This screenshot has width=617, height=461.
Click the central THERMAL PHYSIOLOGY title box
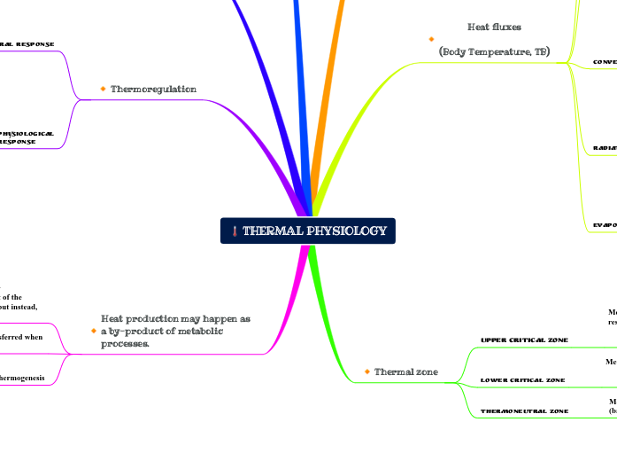308,230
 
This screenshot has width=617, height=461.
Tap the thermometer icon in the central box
234,231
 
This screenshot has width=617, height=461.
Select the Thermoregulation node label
153,89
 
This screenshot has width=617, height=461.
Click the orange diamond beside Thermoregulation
103,89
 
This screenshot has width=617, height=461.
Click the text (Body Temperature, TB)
494,52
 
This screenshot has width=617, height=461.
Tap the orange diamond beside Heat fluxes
430,39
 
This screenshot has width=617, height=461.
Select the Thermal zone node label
406,371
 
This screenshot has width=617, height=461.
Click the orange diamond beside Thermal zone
366,371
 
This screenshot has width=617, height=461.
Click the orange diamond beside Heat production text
93,331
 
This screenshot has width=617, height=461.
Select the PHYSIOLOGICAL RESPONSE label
27,137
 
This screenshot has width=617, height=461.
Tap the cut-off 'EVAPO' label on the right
605,225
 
